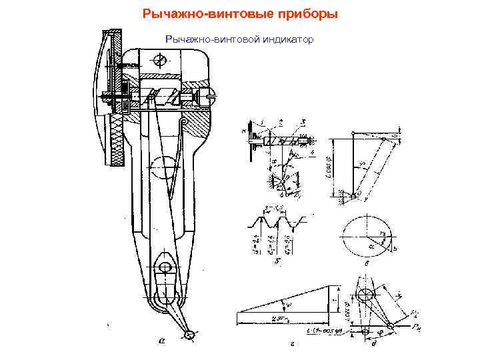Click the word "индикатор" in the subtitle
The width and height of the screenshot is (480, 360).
285,40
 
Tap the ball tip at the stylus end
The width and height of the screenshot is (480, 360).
191,334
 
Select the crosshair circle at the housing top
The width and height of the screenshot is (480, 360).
159,61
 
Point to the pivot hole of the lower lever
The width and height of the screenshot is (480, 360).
164,268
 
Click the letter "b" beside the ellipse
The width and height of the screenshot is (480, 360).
395,248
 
